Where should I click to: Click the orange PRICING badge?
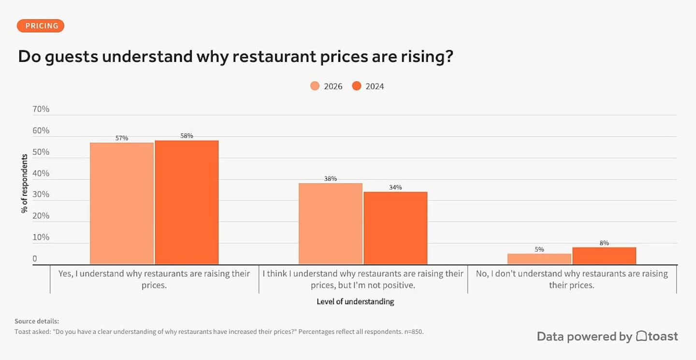coord(41,26)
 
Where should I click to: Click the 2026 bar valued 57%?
coord(122,203)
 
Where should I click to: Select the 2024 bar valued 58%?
coord(187,202)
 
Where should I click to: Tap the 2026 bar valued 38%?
coord(331,224)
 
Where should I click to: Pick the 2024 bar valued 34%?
coord(395,228)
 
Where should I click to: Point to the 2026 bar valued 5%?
coord(539,259)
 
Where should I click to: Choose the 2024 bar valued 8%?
coord(604,256)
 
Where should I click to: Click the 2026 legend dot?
coord(315,86)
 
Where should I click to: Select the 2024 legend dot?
coord(357,86)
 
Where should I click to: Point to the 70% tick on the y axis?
coord(41,109)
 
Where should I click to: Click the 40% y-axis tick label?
coord(41,173)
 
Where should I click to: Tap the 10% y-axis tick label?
coord(41,237)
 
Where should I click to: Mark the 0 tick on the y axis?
coord(35,259)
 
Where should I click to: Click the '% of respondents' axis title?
coord(24,184)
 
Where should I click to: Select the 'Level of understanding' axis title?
coord(355,302)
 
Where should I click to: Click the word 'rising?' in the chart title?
coord(427,57)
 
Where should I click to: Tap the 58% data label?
coord(187,136)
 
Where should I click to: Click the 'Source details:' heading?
coord(37,321)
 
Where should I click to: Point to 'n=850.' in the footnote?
coord(414,332)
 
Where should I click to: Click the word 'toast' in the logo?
coord(663,336)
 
